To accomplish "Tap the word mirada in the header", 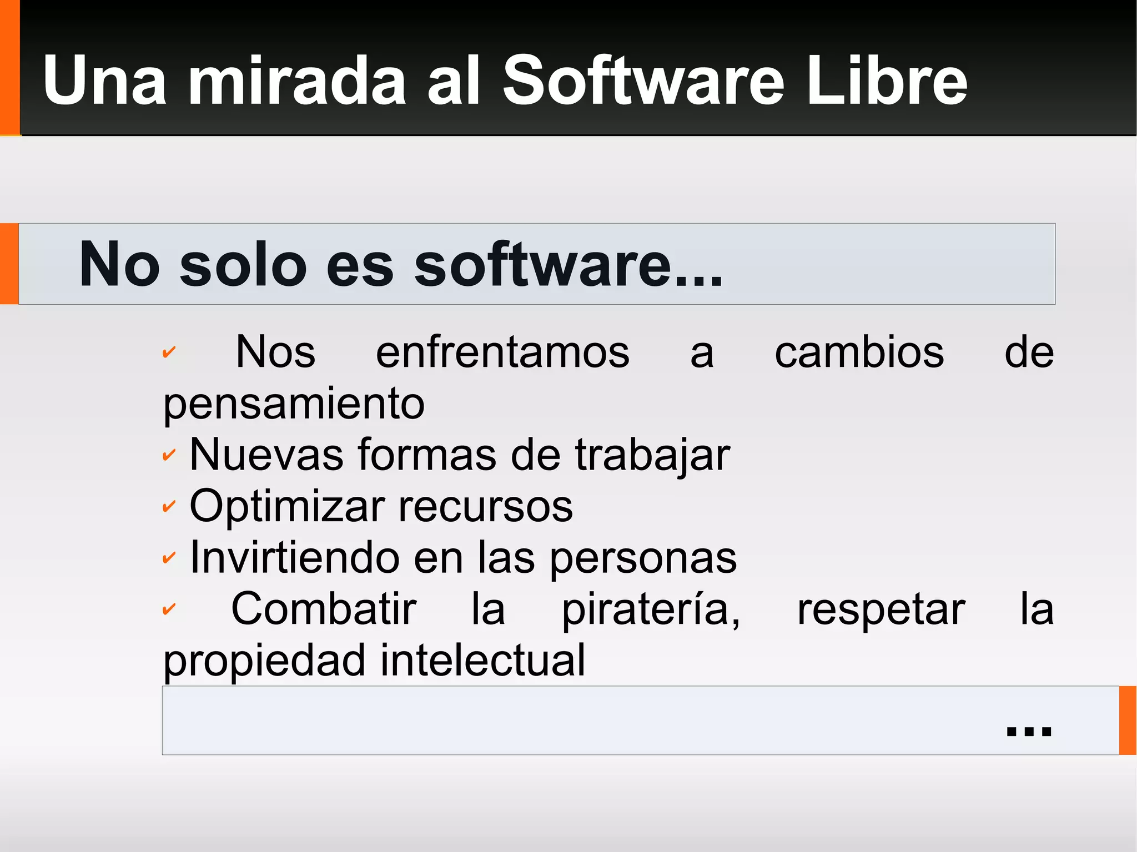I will click(297, 82).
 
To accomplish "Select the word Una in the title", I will click(104, 82).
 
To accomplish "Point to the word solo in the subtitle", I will click(243, 265).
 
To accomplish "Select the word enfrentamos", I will click(502, 352).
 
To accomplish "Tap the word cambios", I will click(859, 352).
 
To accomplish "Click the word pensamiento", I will click(294, 404).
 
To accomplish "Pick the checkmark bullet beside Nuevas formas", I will click(169, 456).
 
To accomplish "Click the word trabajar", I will click(652, 456).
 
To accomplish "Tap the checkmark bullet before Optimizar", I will click(169, 507).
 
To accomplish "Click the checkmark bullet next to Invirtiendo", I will click(169, 558).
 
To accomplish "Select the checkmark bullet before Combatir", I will click(169, 609).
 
